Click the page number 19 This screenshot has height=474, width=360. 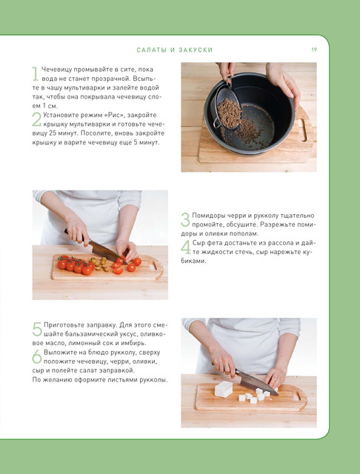314,50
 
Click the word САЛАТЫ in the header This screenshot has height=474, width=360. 152,50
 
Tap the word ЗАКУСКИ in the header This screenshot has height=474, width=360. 196,50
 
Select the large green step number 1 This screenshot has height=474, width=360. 36,74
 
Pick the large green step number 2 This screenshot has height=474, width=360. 36,120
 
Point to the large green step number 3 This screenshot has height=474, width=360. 185,220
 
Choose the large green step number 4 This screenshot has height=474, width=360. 186,247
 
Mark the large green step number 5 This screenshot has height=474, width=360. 37,329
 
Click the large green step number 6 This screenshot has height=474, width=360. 37,357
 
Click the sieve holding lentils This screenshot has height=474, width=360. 227,107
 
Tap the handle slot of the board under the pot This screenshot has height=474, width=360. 302,130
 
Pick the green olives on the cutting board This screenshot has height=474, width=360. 101,264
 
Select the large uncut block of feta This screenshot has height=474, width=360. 224,389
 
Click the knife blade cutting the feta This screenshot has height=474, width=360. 256,383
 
